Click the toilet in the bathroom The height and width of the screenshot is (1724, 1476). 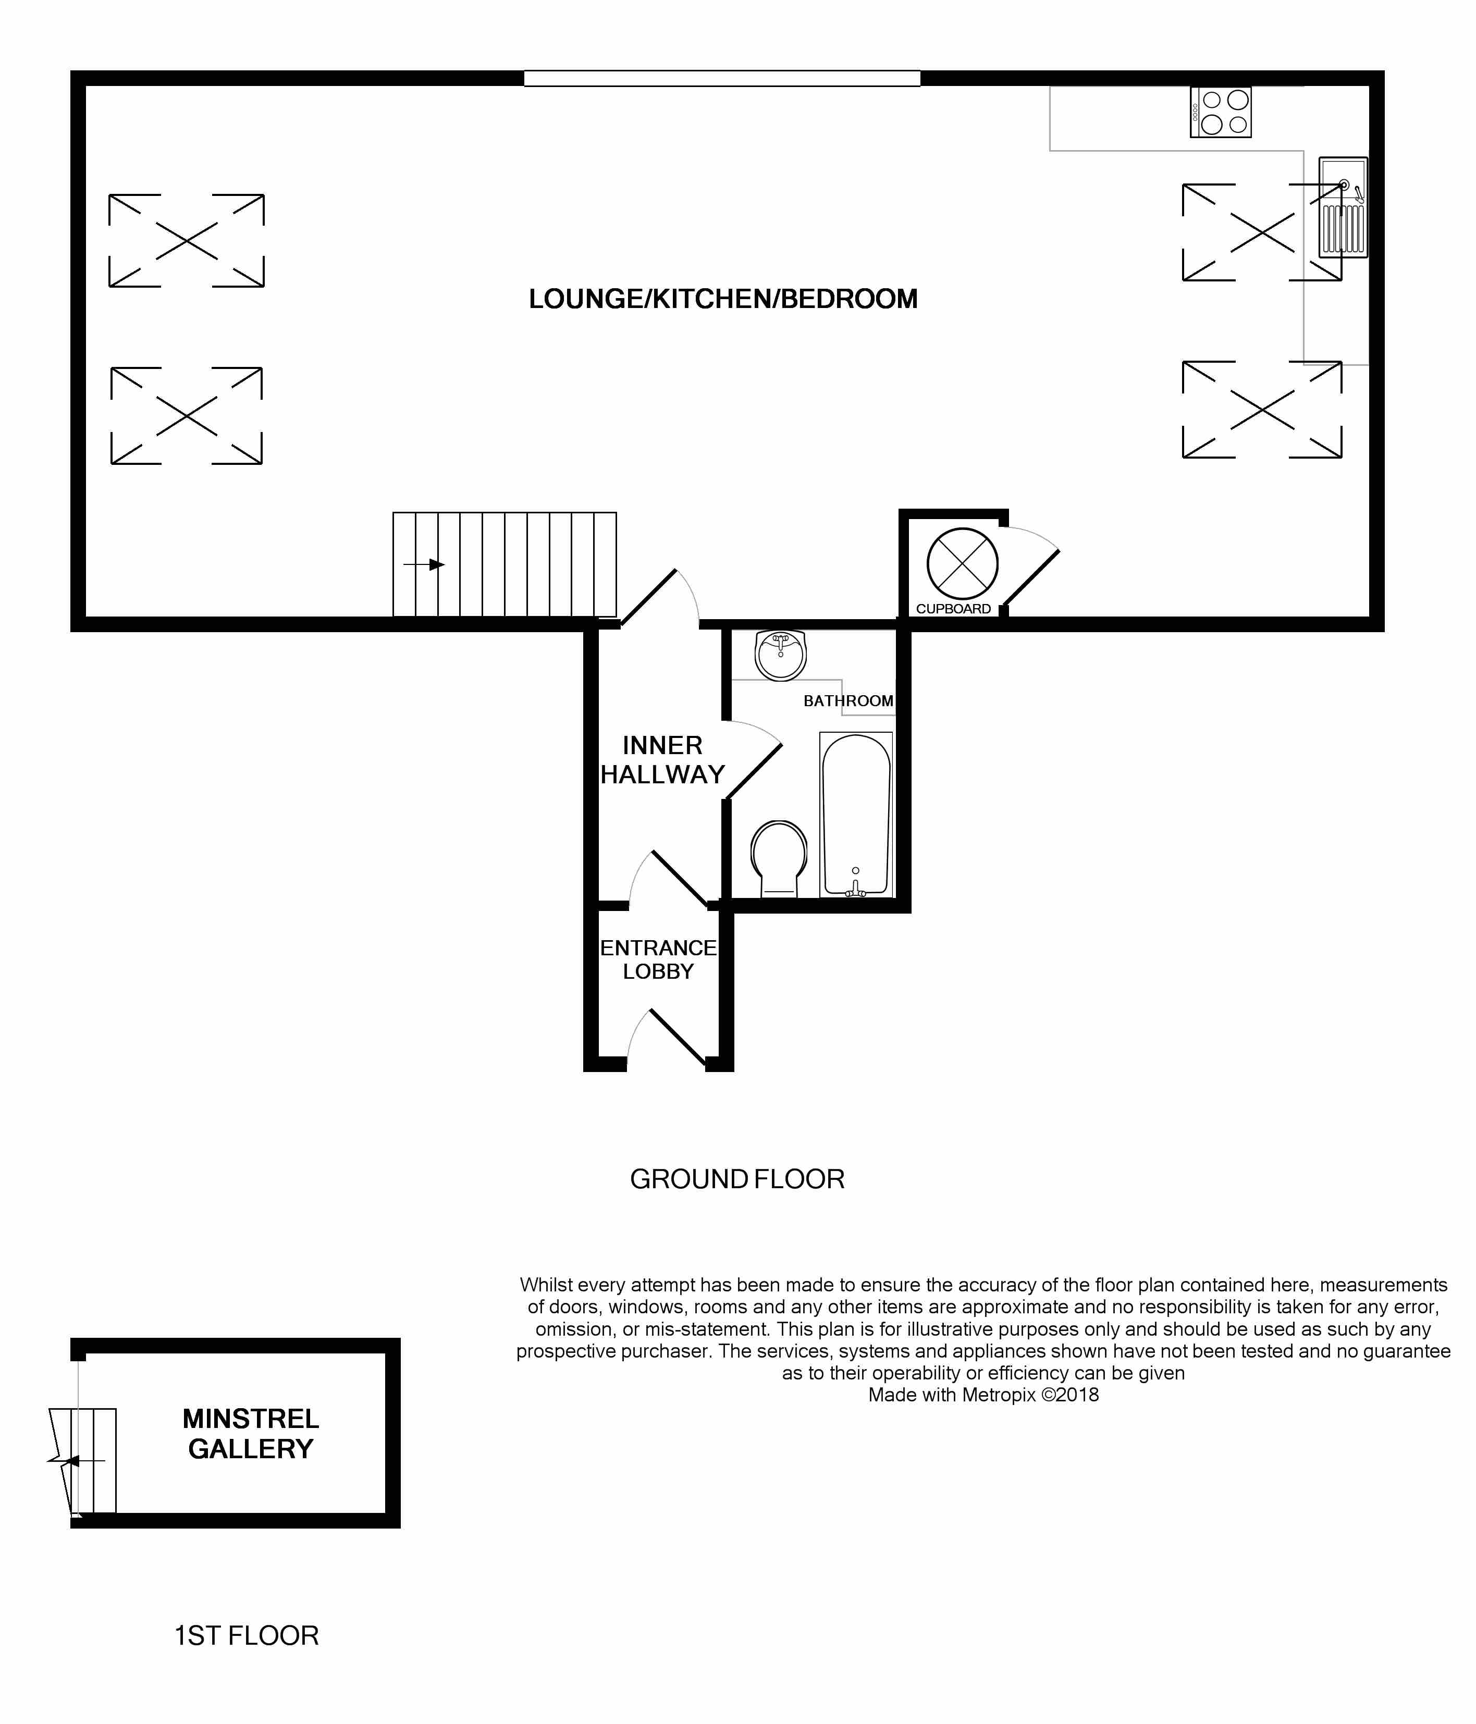[x=779, y=859]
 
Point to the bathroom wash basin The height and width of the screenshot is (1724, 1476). [x=780, y=655]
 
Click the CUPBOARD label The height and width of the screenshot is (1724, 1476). [x=953, y=609]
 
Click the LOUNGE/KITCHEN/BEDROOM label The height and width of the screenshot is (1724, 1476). [x=723, y=299]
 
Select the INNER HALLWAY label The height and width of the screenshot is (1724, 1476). [x=662, y=760]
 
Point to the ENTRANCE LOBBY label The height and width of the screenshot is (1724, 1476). [x=658, y=959]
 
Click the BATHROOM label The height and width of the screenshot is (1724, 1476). [x=848, y=700]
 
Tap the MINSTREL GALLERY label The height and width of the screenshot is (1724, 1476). [x=251, y=1434]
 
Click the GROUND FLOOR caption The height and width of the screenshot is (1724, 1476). [x=737, y=1179]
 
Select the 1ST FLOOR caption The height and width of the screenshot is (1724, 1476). [x=247, y=1636]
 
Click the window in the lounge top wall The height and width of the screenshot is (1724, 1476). [x=722, y=78]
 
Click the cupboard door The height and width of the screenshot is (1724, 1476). [x=1028, y=566]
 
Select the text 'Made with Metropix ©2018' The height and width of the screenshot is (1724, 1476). [x=983, y=1395]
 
